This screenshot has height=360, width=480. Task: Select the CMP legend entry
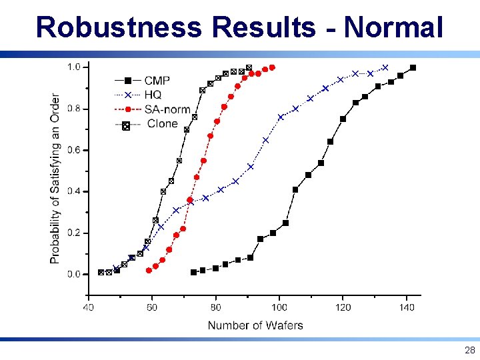pyautogui.click(x=157, y=80)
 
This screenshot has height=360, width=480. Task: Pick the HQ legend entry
pyautogui.click(x=153, y=95)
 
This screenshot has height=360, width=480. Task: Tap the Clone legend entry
pyautogui.click(x=162, y=124)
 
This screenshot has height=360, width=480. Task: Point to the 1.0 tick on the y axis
pyautogui.click(x=74, y=67)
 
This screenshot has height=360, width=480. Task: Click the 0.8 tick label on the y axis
pyautogui.click(x=74, y=109)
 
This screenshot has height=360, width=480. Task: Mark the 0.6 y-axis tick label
pyautogui.click(x=74, y=150)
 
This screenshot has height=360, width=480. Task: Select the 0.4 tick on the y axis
pyautogui.click(x=74, y=191)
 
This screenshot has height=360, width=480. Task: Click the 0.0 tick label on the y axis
pyautogui.click(x=74, y=274)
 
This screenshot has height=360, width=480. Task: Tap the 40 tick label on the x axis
pyautogui.click(x=88, y=307)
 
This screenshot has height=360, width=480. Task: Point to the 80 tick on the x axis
pyautogui.click(x=216, y=307)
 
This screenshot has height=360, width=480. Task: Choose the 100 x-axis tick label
pyautogui.click(x=279, y=307)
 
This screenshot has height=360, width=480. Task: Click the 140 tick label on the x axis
pyautogui.click(x=407, y=307)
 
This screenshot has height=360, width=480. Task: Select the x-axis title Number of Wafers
pyautogui.click(x=255, y=325)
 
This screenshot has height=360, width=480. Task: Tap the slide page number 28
pyautogui.click(x=469, y=350)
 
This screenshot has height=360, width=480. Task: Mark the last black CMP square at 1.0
pyautogui.click(x=413, y=67)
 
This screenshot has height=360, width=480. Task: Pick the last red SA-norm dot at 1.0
pyautogui.click(x=272, y=67)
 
